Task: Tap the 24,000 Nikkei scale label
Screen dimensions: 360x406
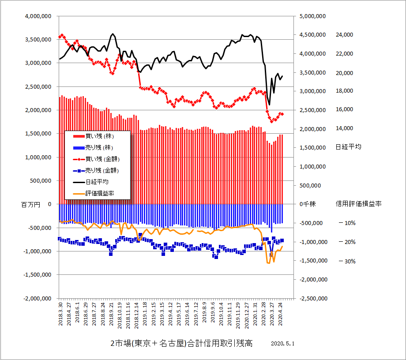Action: coord(345,35)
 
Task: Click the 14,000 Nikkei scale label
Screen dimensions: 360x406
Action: coord(345,128)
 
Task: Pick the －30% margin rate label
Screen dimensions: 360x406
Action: coord(347,261)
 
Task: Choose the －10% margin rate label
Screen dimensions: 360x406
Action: coord(347,223)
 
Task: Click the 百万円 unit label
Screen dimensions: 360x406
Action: coord(30,204)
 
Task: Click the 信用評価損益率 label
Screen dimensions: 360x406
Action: coord(358,204)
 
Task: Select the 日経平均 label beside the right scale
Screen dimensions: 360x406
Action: coord(348,147)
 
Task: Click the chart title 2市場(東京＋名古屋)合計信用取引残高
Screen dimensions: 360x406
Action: coord(181,344)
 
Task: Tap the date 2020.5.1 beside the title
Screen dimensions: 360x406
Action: coord(283,344)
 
